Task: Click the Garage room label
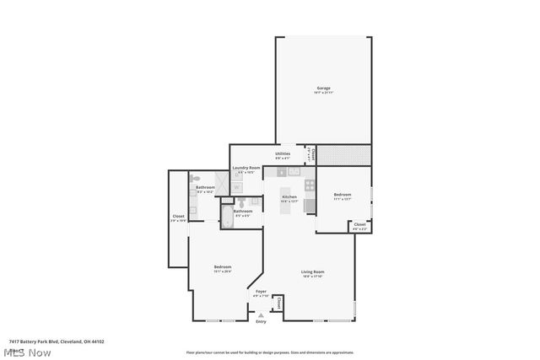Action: coord(323,88)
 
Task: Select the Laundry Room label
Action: coord(246,168)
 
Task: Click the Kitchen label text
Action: coord(289,197)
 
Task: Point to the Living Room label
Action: coord(313,271)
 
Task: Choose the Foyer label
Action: coord(261,292)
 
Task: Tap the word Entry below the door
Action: coord(261,321)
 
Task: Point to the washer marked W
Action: coord(237,186)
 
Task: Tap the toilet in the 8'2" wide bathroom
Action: coord(195,179)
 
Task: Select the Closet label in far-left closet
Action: coord(178,216)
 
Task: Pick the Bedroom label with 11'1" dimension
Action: coord(342,195)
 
